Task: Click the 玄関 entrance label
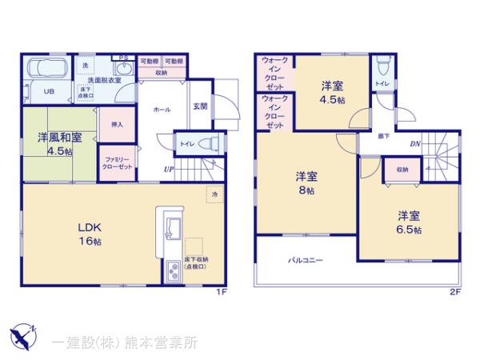(x=200, y=106)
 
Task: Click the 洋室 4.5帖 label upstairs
(x=333, y=93)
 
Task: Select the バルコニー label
(x=306, y=261)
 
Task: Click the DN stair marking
(x=416, y=145)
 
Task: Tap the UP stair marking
(x=170, y=169)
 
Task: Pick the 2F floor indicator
(x=454, y=292)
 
